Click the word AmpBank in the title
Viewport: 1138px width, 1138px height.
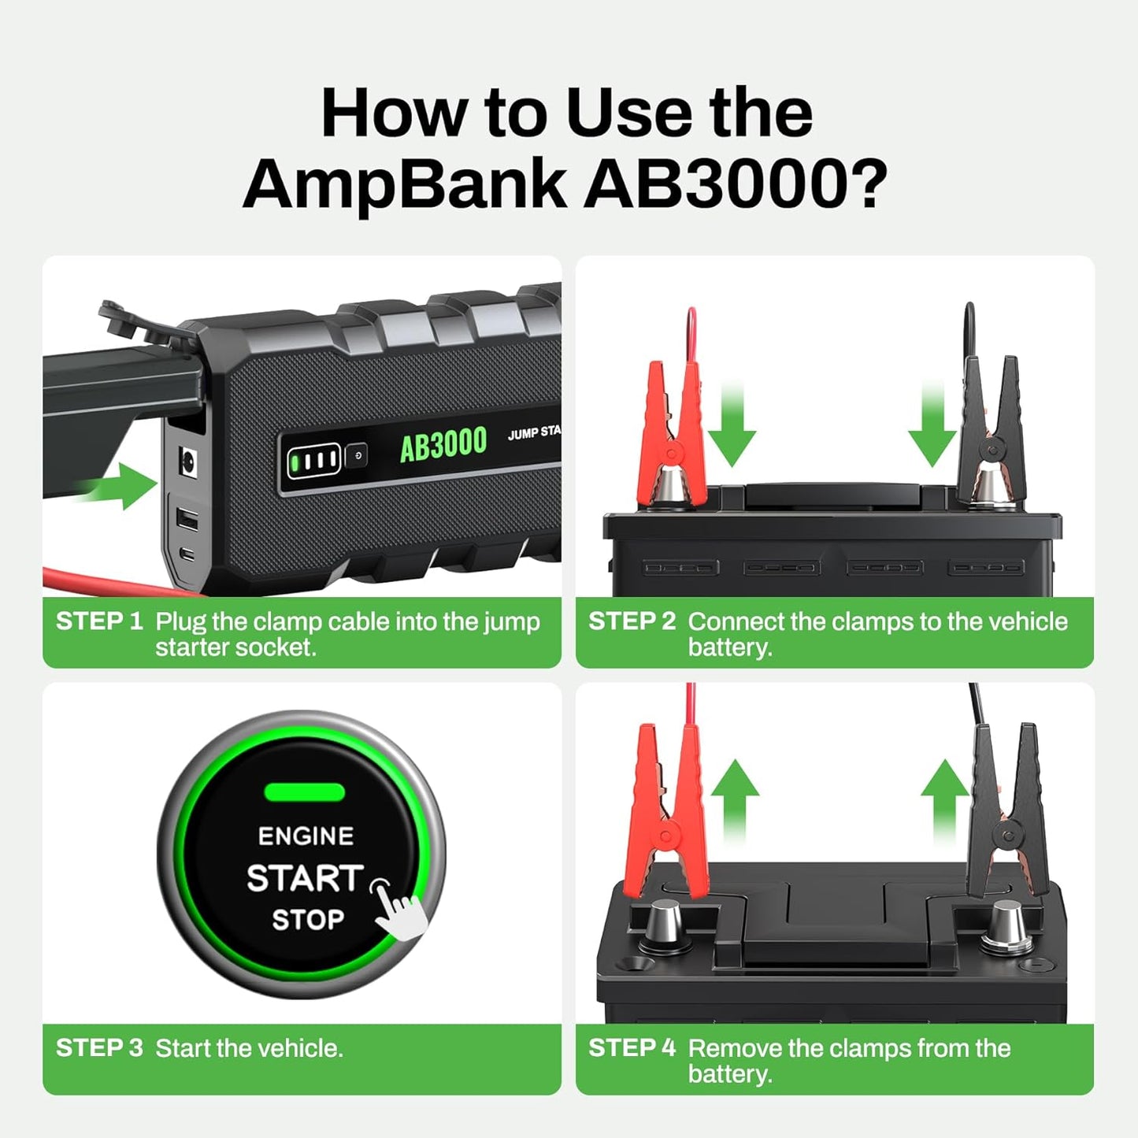pyautogui.click(x=403, y=183)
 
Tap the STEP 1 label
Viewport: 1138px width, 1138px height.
pyautogui.click(x=98, y=621)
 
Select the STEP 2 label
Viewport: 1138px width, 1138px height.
pyautogui.click(x=632, y=621)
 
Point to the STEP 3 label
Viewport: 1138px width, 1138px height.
pyautogui.click(x=98, y=1048)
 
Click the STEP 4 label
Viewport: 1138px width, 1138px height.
pyautogui.click(x=632, y=1048)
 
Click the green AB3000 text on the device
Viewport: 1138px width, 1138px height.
pyautogui.click(x=443, y=444)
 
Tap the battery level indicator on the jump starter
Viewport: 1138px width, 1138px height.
pyautogui.click(x=314, y=460)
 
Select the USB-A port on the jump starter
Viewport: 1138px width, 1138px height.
pyautogui.click(x=187, y=519)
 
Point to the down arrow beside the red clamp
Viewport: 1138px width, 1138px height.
pyautogui.click(x=732, y=425)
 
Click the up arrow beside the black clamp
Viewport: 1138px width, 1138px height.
pyautogui.click(x=945, y=799)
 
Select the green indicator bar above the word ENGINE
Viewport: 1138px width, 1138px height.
pyautogui.click(x=304, y=792)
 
